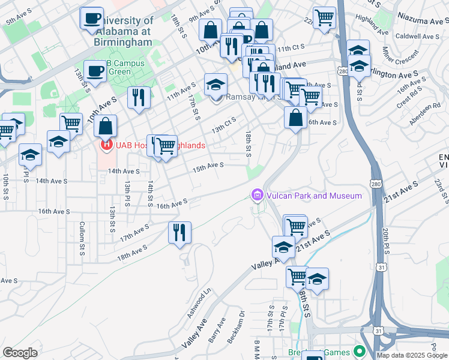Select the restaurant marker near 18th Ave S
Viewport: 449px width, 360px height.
point(179,232)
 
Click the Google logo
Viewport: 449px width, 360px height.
point(20,353)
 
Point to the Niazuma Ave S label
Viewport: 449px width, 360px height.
point(418,20)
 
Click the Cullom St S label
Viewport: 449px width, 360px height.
point(82,238)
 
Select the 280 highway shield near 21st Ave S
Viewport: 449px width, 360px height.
point(376,183)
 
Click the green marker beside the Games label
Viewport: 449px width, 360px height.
point(360,350)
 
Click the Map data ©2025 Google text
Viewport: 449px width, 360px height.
point(412,355)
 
